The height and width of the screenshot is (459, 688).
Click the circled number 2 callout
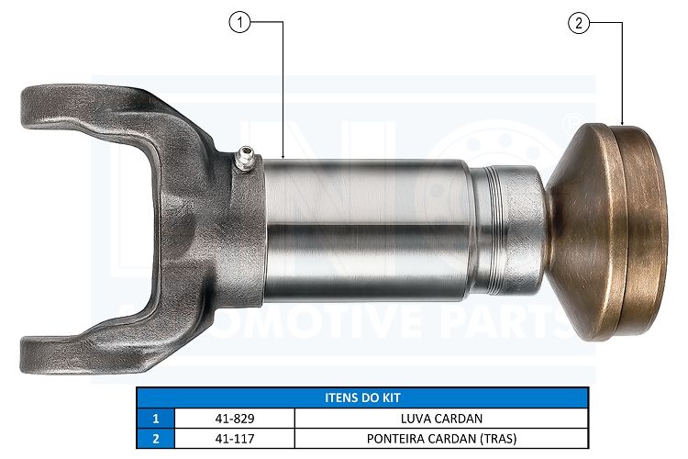579,25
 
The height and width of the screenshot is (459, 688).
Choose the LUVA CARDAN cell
440,418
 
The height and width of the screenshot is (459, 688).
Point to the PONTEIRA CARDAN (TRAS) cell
440,438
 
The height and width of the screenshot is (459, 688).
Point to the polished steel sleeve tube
367,229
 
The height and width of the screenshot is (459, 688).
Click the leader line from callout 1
283,92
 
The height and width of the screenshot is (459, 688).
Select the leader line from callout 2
623,73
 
